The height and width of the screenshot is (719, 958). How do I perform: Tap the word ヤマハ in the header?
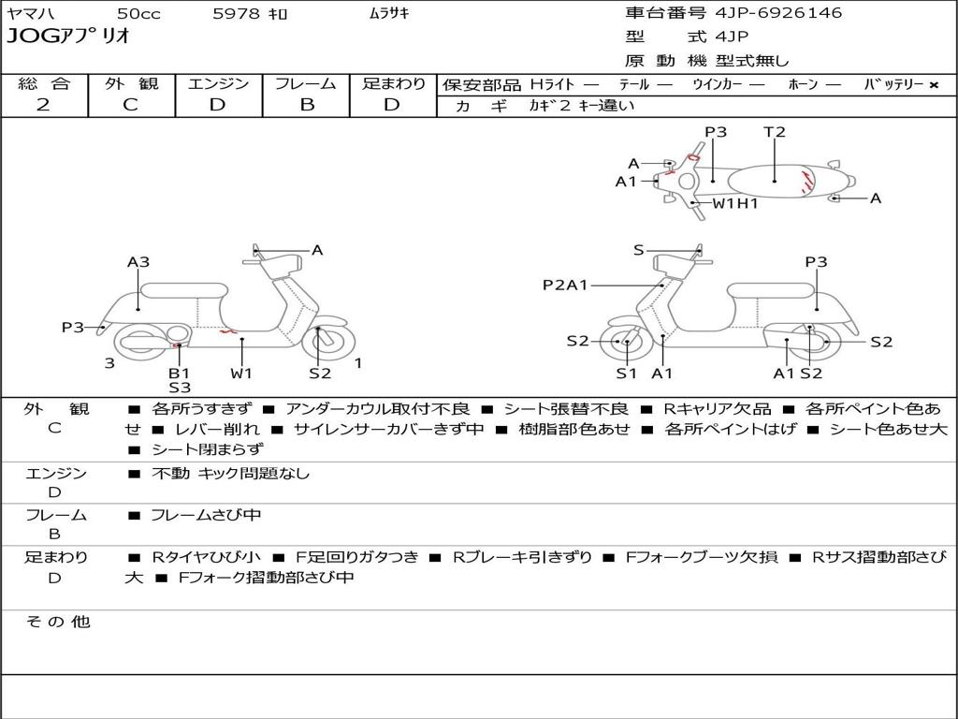pos(29,14)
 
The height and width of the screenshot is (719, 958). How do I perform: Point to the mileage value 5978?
pos(233,14)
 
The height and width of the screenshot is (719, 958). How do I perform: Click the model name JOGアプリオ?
pos(68,37)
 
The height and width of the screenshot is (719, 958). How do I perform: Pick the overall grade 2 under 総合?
pos(43,105)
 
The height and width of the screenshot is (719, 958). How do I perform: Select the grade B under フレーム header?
pos(306,105)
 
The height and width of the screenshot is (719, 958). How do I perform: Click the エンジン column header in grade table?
pos(218,84)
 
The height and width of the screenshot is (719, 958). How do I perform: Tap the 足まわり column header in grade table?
pos(393,84)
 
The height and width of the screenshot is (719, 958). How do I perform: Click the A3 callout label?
pos(138,262)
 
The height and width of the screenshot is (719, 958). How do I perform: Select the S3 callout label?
pos(179,388)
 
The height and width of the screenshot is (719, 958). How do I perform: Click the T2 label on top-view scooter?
pos(775,132)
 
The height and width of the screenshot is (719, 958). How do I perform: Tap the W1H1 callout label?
pos(735,203)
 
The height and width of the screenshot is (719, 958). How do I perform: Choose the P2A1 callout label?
pos(565,285)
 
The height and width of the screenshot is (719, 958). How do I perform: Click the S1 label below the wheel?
pos(626,374)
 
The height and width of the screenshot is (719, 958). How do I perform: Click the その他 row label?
pos(57,622)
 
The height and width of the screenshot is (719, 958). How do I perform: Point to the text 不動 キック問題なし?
pos(230,474)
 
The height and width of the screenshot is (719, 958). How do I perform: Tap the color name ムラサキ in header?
pos(388,14)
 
